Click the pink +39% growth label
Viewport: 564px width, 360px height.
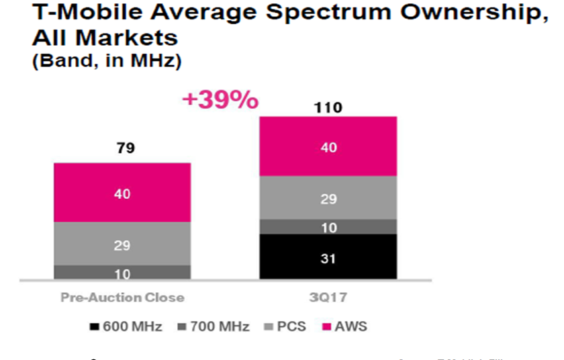220,100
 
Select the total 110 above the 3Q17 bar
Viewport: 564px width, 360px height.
328,107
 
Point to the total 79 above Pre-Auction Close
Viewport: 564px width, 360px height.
122,148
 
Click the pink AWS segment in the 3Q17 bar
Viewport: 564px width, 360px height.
328,146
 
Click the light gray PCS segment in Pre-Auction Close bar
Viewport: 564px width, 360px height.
122,244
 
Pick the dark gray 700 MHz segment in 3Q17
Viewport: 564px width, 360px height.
328,227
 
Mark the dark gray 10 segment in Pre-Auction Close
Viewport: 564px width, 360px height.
122,273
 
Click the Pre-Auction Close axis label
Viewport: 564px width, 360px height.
122,297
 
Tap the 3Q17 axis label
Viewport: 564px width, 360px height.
328,297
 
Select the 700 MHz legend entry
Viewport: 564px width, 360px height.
215,327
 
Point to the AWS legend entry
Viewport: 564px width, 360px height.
344,327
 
